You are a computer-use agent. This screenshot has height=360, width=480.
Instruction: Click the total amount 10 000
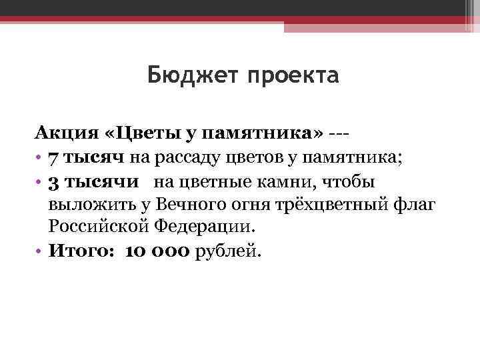coord(157,251)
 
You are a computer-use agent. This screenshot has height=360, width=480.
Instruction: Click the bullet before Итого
coord(40,251)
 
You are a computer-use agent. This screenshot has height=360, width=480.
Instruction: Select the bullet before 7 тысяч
coord(40,157)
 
